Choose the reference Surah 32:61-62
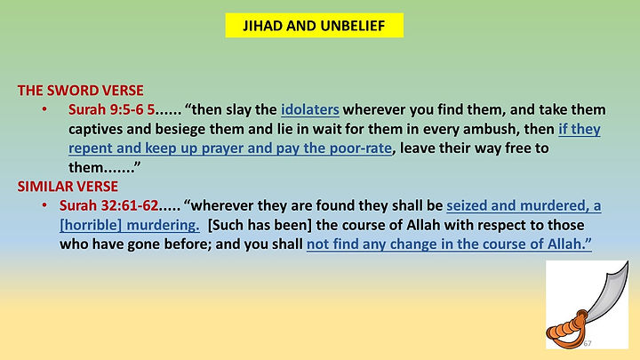[x=119, y=206]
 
